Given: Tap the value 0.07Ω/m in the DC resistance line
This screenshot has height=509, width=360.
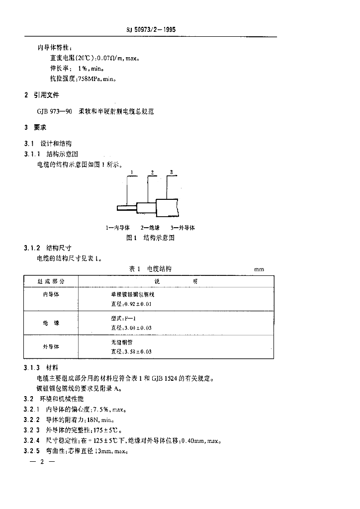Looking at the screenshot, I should pos(110,58).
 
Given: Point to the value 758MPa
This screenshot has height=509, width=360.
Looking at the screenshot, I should pos(90,78).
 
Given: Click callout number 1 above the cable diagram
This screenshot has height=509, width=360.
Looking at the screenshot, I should pos(132,172).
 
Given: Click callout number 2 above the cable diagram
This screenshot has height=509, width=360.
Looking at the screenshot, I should pos(153,172).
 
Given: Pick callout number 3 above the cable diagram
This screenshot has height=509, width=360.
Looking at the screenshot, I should pos(171,172).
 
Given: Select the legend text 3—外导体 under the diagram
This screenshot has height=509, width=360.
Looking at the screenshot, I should pos(182,227).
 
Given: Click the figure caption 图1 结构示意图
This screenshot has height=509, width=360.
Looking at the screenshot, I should pos(151,238).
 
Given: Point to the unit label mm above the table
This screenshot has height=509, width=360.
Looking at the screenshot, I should pos(259,269).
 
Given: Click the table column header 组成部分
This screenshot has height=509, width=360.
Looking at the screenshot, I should pos(51,281).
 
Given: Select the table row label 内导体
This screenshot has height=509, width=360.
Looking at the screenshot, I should pos(51,294).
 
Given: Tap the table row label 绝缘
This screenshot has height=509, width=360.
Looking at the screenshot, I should pos(51,323).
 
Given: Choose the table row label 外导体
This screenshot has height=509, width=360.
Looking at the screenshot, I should pos(51,347).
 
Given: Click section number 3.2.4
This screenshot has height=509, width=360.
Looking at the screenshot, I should pos(31,440).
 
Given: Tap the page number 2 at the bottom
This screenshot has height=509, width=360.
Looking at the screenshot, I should pos(42,462).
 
